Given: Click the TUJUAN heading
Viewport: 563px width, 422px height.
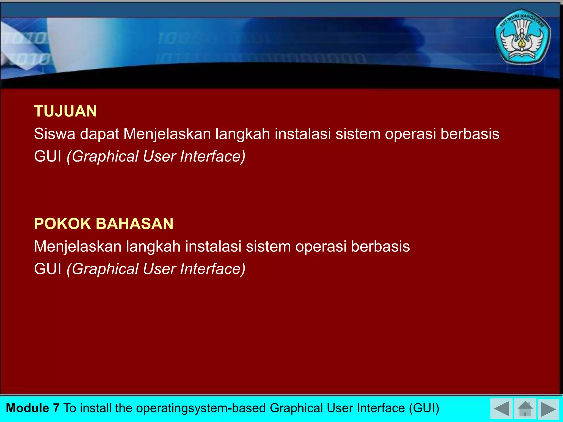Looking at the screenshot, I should pos(65,111).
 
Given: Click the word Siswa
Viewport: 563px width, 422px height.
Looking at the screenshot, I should pos(54,134).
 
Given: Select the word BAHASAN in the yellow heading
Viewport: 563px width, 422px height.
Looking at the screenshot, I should pos(134,224).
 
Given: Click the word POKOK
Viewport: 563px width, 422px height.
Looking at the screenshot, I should pos(62,224).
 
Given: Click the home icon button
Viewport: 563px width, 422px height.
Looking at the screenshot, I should pos(525,409).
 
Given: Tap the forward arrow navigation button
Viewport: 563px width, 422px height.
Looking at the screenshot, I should pos(548,409).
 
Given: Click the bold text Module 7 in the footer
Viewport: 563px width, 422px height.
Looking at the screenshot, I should pos(32,408).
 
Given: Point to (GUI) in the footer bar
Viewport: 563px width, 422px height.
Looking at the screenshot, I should pos(424,408).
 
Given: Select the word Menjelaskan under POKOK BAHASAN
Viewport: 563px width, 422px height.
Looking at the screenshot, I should pos(78,246).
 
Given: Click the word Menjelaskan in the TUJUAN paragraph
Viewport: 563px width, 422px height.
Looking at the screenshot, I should pos(167,134).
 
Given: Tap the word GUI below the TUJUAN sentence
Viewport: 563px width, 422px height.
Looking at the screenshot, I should pos(48,156).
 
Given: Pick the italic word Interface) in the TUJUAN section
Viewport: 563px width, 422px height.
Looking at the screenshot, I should pos(212,156).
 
